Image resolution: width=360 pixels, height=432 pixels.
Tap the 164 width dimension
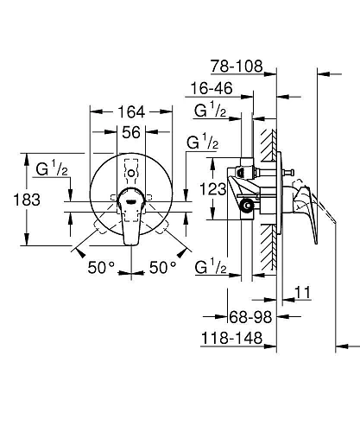(x=131, y=111)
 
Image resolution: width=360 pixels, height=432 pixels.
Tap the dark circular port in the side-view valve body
(x=248, y=206)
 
